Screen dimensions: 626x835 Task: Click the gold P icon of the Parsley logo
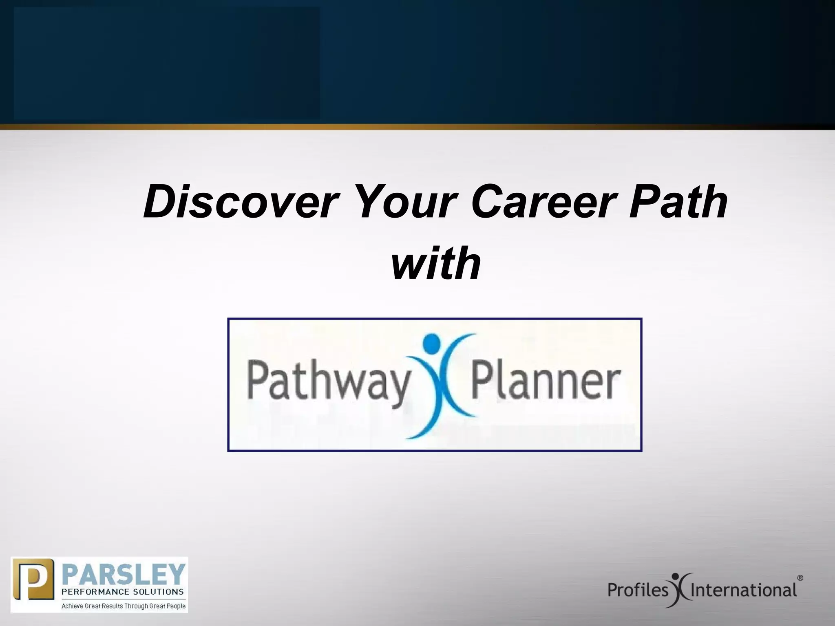point(33,585)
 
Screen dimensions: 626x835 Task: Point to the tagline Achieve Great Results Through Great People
point(124,606)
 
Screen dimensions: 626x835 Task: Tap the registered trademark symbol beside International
point(800,578)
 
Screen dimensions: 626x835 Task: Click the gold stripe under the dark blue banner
point(417,127)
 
